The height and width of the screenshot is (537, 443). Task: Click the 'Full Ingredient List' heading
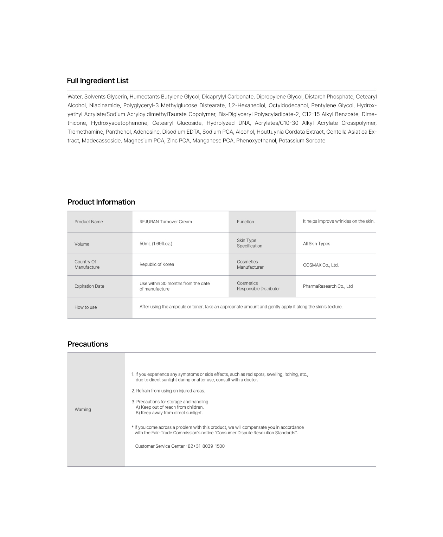pyautogui.click(x=97, y=81)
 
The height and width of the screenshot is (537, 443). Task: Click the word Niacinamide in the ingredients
pyautogui.click(x=104, y=106)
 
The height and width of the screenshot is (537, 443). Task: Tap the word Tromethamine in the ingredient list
pyautogui.click(x=85, y=132)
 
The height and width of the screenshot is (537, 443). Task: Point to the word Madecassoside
pyautogui.click(x=101, y=141)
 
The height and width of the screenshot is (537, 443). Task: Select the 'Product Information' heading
pyautogui.click(x=101, y=202)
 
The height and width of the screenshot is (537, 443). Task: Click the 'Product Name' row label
pyautogui.click(x=89, y=222)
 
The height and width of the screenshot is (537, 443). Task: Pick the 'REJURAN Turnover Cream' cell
pyautogui.click(x=166, y=222)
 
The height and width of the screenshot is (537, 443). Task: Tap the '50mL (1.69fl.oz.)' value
pyautogui.click(x=156, y=244)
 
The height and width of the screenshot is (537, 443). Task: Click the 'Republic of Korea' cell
pyautogui.click(x=157, y=264)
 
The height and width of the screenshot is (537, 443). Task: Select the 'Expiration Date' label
pyautogui.click(x=89, y=286)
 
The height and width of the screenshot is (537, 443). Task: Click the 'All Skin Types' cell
pyautogui.click(x=316, y=244)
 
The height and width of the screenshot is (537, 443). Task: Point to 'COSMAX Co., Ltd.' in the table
pyautogui.click(x=321, y=265)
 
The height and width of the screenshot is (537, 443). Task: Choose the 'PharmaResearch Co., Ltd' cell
pyautogui.click(x=328, y=286)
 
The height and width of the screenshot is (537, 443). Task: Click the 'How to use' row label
pyautogui.click(x=85, y=307)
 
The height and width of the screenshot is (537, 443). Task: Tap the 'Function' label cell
pyautogui.click(x=245, y=222)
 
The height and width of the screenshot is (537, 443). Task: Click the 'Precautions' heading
pyautogui.click(x=88, y=344)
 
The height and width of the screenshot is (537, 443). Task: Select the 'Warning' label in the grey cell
pyautogui.click(x=83, y=410)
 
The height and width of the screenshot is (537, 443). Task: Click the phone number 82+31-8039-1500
pyautogui.click(x=206, y=446)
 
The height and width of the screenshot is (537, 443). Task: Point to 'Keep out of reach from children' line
pyautogui.click(x=169, y=407)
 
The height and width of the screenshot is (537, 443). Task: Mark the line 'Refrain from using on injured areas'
pyautogui.click(x=168, y=391)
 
